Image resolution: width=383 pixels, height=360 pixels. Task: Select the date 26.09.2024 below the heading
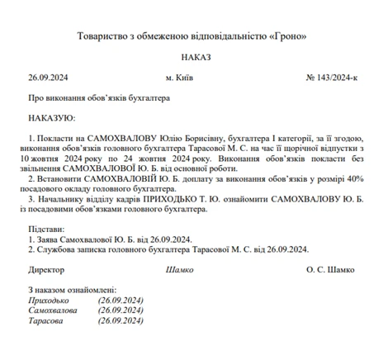tap(46, 78)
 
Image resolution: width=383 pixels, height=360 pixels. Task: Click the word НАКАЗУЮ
tap(51, 117)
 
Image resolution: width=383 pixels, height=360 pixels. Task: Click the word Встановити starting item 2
tap(59, 178)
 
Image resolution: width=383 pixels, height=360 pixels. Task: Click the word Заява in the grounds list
tap(48, 239)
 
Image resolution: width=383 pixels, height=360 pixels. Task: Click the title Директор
tap(46, 269)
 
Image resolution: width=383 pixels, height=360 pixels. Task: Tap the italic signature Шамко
tap(179, 269)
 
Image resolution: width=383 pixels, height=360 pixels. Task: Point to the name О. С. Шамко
tap(330, 269)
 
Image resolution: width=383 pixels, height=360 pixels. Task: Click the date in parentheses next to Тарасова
tap(121, 320)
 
